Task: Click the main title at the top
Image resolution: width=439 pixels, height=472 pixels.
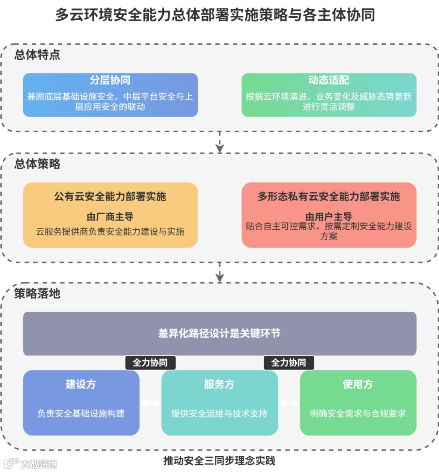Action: coord(215,15)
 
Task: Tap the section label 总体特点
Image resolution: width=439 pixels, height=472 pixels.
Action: coord(37,54)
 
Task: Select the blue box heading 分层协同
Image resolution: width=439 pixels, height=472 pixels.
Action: coord(110,80)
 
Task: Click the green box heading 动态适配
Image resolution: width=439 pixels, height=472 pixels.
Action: coord(328,80)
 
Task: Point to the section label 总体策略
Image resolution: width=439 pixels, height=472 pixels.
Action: coord(37,164)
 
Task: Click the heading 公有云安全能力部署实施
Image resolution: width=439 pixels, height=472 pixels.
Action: coord(110,196)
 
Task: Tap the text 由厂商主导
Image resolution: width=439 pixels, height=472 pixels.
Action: coord(110,217)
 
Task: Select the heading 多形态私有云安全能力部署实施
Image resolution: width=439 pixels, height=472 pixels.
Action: coord(328,196)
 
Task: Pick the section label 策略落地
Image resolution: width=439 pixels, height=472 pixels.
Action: coord(37,293)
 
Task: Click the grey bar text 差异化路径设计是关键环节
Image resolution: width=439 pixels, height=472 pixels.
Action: coord(219,333)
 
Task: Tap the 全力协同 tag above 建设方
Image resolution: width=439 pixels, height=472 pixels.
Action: coord(150,362)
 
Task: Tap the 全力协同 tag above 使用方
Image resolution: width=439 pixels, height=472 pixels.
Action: coord(289,362)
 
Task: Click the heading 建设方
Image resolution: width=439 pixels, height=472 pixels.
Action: coord(81,384)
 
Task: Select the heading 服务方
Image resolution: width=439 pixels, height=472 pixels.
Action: coord(219,384)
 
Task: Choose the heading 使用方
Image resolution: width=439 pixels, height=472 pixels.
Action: coord(358,384)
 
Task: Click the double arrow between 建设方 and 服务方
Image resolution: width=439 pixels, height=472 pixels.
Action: coord(150,403)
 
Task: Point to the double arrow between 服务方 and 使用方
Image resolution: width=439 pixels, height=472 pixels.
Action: coord(289,403)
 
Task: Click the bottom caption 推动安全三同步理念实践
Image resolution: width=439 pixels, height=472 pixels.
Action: coord(219,461)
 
